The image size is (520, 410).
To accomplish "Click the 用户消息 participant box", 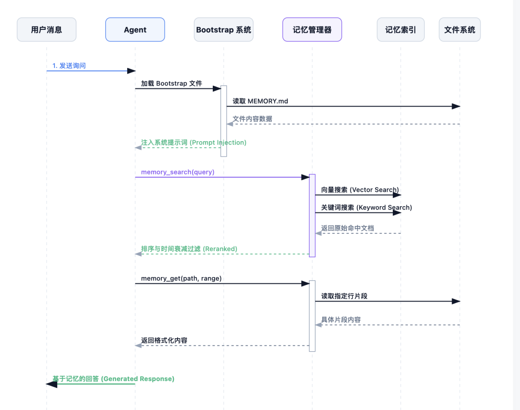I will pyautogui.click(x=47, y=30).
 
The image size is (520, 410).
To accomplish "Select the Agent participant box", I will pyautogui.click(x=135, y=30).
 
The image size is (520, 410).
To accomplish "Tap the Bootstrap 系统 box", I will pyautogui.click(x=223, y=30).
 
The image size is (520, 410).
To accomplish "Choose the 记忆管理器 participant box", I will pyautogui.click(x=312, y=30).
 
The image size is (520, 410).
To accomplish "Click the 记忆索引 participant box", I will pyautogui.click(x=401, y=30).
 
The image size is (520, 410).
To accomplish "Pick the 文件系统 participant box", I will pyautogui.click(x=459, y=30).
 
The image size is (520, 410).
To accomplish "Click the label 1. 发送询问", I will pyautogui.click(x=69, y=66).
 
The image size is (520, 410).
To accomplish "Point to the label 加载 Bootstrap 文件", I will pyautogui.click(x=171, y=83).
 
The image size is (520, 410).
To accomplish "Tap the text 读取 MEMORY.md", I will pyautogui.click(x=260, y=101).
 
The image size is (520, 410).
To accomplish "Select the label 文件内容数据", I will pyautogui.click(x=252, y=119).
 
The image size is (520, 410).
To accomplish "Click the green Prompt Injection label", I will pyautogui.click(x=194, y=143).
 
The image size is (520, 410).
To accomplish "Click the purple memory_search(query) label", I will pyautogui.click(x=178, y=172).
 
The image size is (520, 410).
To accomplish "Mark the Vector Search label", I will pyautogui.click(x=360, y=190).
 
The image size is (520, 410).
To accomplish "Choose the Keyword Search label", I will pyautogui.click(x=366, y=208).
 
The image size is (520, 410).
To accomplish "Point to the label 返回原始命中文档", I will pyautogui.click(x=347, y=228).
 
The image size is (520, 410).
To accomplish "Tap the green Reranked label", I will pyautogui.click(x=189, y=249).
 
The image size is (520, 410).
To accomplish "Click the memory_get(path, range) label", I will pyautogui.click(x=181, y=278).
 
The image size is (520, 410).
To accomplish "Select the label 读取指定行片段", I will pyautogui.click(x=344, y=296).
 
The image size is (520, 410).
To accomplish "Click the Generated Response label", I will pyautogui.click(x=113, y=379).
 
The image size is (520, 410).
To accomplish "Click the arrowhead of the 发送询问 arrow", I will pyautogui.click(x=131, y=71).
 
